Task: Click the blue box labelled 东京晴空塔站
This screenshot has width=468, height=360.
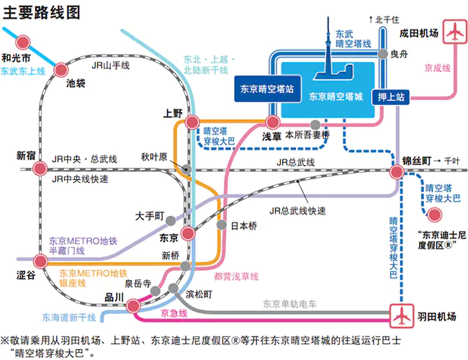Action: [x=266, y=89]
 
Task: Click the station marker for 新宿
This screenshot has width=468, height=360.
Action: [x=41, y=169]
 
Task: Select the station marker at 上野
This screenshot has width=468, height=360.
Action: [x=192, y=123]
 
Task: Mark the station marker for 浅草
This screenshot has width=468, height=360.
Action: [x=272, y=122]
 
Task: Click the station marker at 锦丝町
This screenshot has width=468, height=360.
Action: [x=397, y=171]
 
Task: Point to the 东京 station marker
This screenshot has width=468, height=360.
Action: [x=187, y=234]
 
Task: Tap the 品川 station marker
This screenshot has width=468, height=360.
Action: [x=133, y=305]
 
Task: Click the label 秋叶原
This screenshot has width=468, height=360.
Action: [x=154, y=156]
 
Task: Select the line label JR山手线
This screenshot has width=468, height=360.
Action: [x=110, y=66]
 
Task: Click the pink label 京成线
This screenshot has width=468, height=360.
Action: [x=437, y=68]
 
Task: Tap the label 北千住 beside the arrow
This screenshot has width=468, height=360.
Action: [x=389, y=20]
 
